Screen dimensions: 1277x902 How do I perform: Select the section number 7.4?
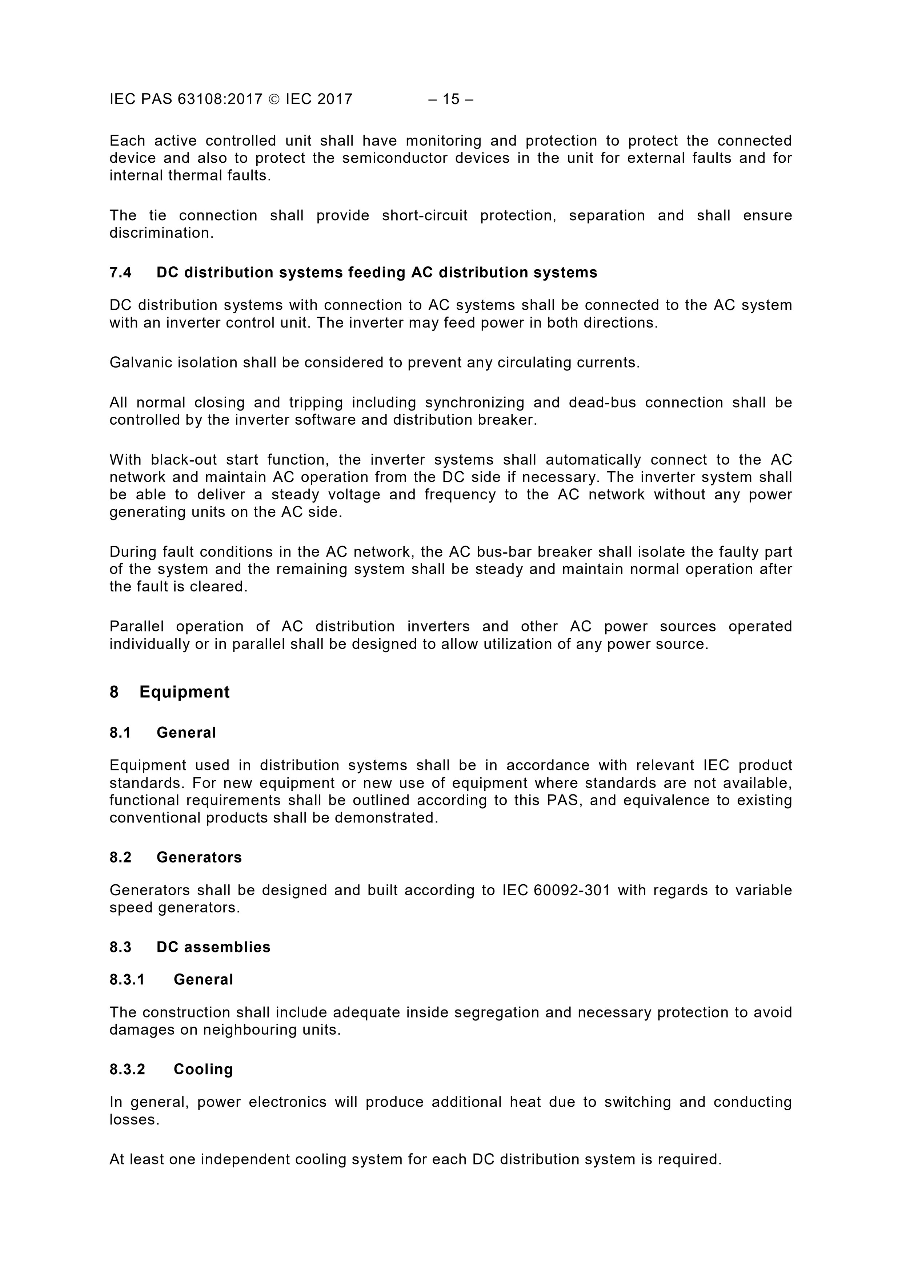[x=121, y=273]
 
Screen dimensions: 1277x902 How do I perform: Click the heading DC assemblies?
[x=213, y=947]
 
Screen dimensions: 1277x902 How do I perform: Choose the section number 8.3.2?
[x=127, y=1070]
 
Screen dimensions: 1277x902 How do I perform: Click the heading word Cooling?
[x=203, y=1070]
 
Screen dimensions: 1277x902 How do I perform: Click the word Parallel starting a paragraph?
[x=137, y=627]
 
